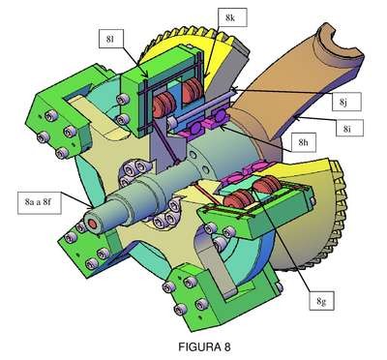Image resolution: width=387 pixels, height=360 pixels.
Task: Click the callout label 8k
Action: coord(231,17)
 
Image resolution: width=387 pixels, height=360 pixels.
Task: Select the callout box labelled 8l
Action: coord(110,40)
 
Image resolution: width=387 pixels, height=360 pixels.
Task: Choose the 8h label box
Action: coord(303,142)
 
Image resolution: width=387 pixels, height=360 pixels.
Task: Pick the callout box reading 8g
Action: coord(321,301)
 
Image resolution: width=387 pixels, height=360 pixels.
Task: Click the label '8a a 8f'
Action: coord(40,202)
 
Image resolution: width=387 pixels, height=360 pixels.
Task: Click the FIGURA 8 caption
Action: coord(204,347)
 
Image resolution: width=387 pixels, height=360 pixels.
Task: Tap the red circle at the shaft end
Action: coord(93,224)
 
